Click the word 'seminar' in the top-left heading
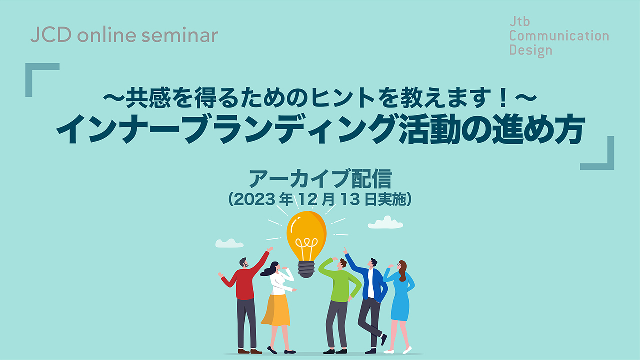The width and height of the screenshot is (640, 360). coord(180,36)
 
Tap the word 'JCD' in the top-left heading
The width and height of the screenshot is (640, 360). coord(51,35)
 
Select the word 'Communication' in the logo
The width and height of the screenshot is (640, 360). coord(559,36)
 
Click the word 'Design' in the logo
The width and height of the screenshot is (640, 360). coord(531,50)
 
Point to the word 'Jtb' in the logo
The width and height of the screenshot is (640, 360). coord(520,21)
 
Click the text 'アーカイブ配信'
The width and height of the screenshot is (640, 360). coord(320,179)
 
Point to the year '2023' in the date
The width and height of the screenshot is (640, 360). coord(255,199)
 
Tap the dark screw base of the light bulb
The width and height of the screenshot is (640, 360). coord(306,269)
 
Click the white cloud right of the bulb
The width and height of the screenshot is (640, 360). coord(385,223)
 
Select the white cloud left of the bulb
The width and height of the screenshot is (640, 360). coord(229,243)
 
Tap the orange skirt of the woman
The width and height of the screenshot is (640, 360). coord(276,310)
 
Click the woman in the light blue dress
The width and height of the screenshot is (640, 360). coord(400,305)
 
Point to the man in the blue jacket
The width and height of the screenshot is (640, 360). coord(368,300)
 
